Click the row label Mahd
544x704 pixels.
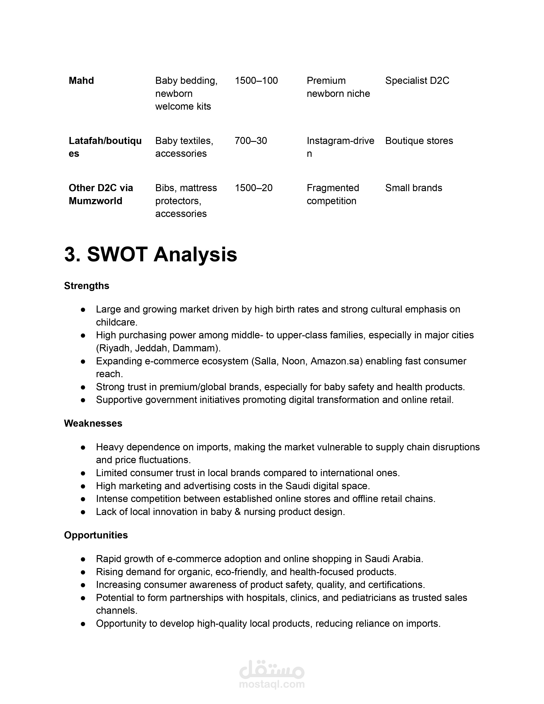(81, 81)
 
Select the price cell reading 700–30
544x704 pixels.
(251, 141)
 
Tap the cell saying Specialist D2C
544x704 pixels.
(417, 81)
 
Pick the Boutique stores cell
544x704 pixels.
(419, 141)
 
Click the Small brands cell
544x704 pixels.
(413, 188)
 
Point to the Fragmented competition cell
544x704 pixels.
(333, 194)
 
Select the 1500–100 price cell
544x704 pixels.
(256, 81)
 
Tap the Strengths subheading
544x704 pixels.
(87, 286)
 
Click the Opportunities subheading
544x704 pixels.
(96, 535)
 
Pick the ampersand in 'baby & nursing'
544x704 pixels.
(238, 512)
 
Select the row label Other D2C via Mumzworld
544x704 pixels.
(100, 194)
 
